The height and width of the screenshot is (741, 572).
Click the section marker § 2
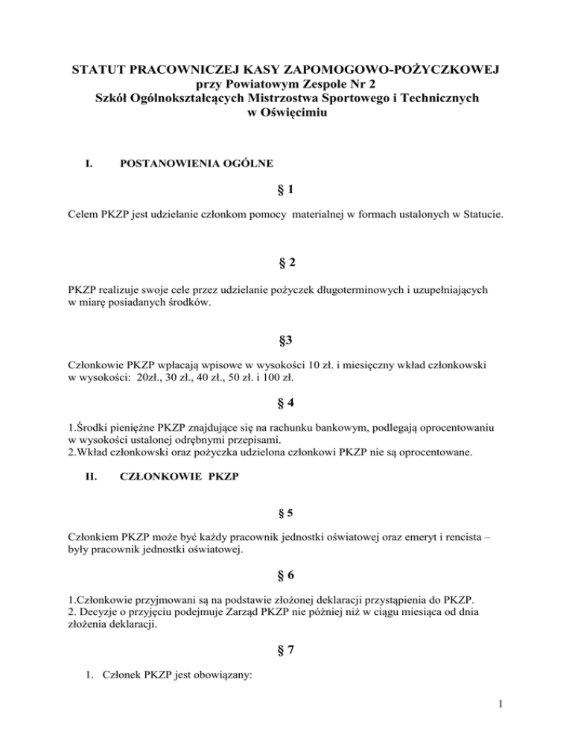point(286,262)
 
